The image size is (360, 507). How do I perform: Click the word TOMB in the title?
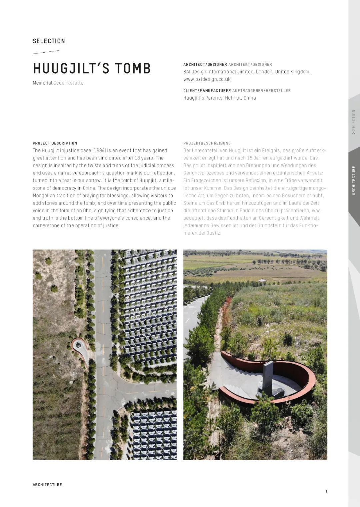pos(133,68)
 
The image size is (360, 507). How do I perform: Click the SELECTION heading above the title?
pos(49,41)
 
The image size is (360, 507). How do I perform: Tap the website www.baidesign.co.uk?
pos(207,79)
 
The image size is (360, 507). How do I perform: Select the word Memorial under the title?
pos(42,83)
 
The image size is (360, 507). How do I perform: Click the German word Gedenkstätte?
pos(68,83)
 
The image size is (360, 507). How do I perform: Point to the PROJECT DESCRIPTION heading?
pos(55,143)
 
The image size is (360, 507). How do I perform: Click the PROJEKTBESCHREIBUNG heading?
pos(207,143)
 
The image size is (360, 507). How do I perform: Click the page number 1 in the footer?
pos(326,491)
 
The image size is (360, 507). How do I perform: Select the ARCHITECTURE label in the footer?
pos(47,485)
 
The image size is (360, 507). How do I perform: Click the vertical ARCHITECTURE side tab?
pos(354,180)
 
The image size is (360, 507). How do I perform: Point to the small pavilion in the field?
pos(263,282)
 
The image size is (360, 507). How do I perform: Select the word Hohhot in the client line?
pos(233,98)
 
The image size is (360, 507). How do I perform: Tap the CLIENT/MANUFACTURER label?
pos(207,91)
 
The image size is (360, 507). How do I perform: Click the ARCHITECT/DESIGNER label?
pos(205,64)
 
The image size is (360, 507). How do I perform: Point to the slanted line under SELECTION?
pos(46,52)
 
